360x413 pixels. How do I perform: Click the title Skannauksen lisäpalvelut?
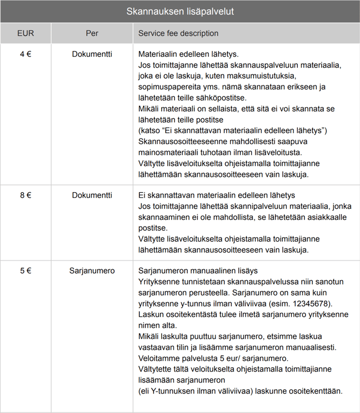[180, 11]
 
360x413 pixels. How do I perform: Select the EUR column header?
[25, 33]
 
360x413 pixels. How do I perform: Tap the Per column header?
[92, 33]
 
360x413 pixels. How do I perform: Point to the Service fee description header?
[178, 33]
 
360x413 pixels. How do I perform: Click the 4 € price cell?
[25, 54]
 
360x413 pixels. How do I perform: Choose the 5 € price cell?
[25, 271]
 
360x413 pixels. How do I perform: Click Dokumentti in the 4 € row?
[92, 54]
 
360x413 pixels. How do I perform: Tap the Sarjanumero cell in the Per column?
[92, 271]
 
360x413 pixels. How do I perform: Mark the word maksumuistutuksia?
[261, 76]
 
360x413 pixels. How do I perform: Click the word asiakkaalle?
[312, 217]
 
